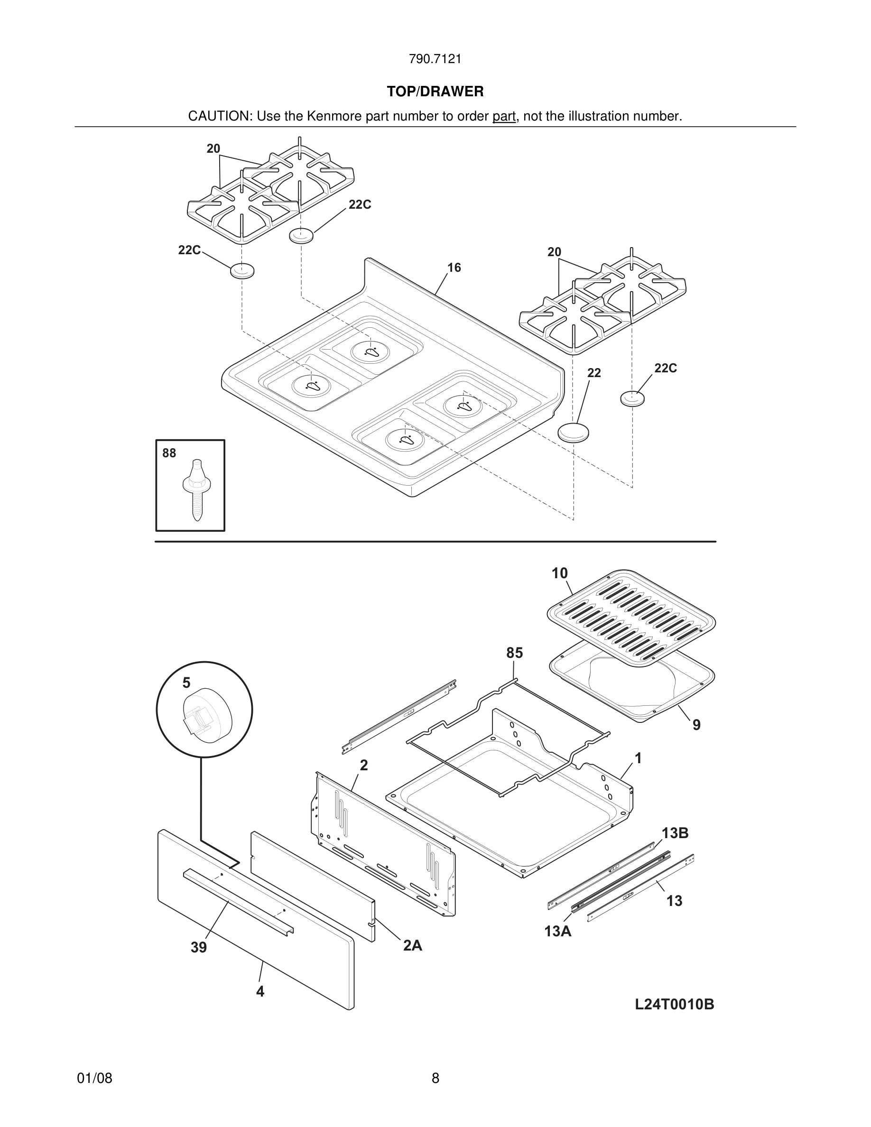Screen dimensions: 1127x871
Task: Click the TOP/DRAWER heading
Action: point(435,92)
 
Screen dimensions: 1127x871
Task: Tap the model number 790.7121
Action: point(435,59)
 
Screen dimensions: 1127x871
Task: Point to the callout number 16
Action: point(454,268)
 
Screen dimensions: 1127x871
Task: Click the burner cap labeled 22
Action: point(573,433)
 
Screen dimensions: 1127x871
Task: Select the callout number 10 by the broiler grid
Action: point(559,573)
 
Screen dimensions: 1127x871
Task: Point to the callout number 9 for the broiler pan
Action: point(696,725)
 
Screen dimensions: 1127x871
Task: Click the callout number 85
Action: point(514,653)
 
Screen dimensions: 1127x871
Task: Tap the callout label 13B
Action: point(675,833)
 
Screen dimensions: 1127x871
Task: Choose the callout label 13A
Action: point(558,932)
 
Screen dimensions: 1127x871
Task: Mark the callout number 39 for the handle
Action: point(199,947)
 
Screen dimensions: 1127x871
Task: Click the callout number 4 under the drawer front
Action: point(260,991)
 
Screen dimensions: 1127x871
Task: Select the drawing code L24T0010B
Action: point(675,1005)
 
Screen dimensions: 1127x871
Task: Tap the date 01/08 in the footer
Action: point(94,1078)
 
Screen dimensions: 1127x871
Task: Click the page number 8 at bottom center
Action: point(435,1078)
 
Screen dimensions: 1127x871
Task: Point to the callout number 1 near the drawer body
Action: point(638,758)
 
